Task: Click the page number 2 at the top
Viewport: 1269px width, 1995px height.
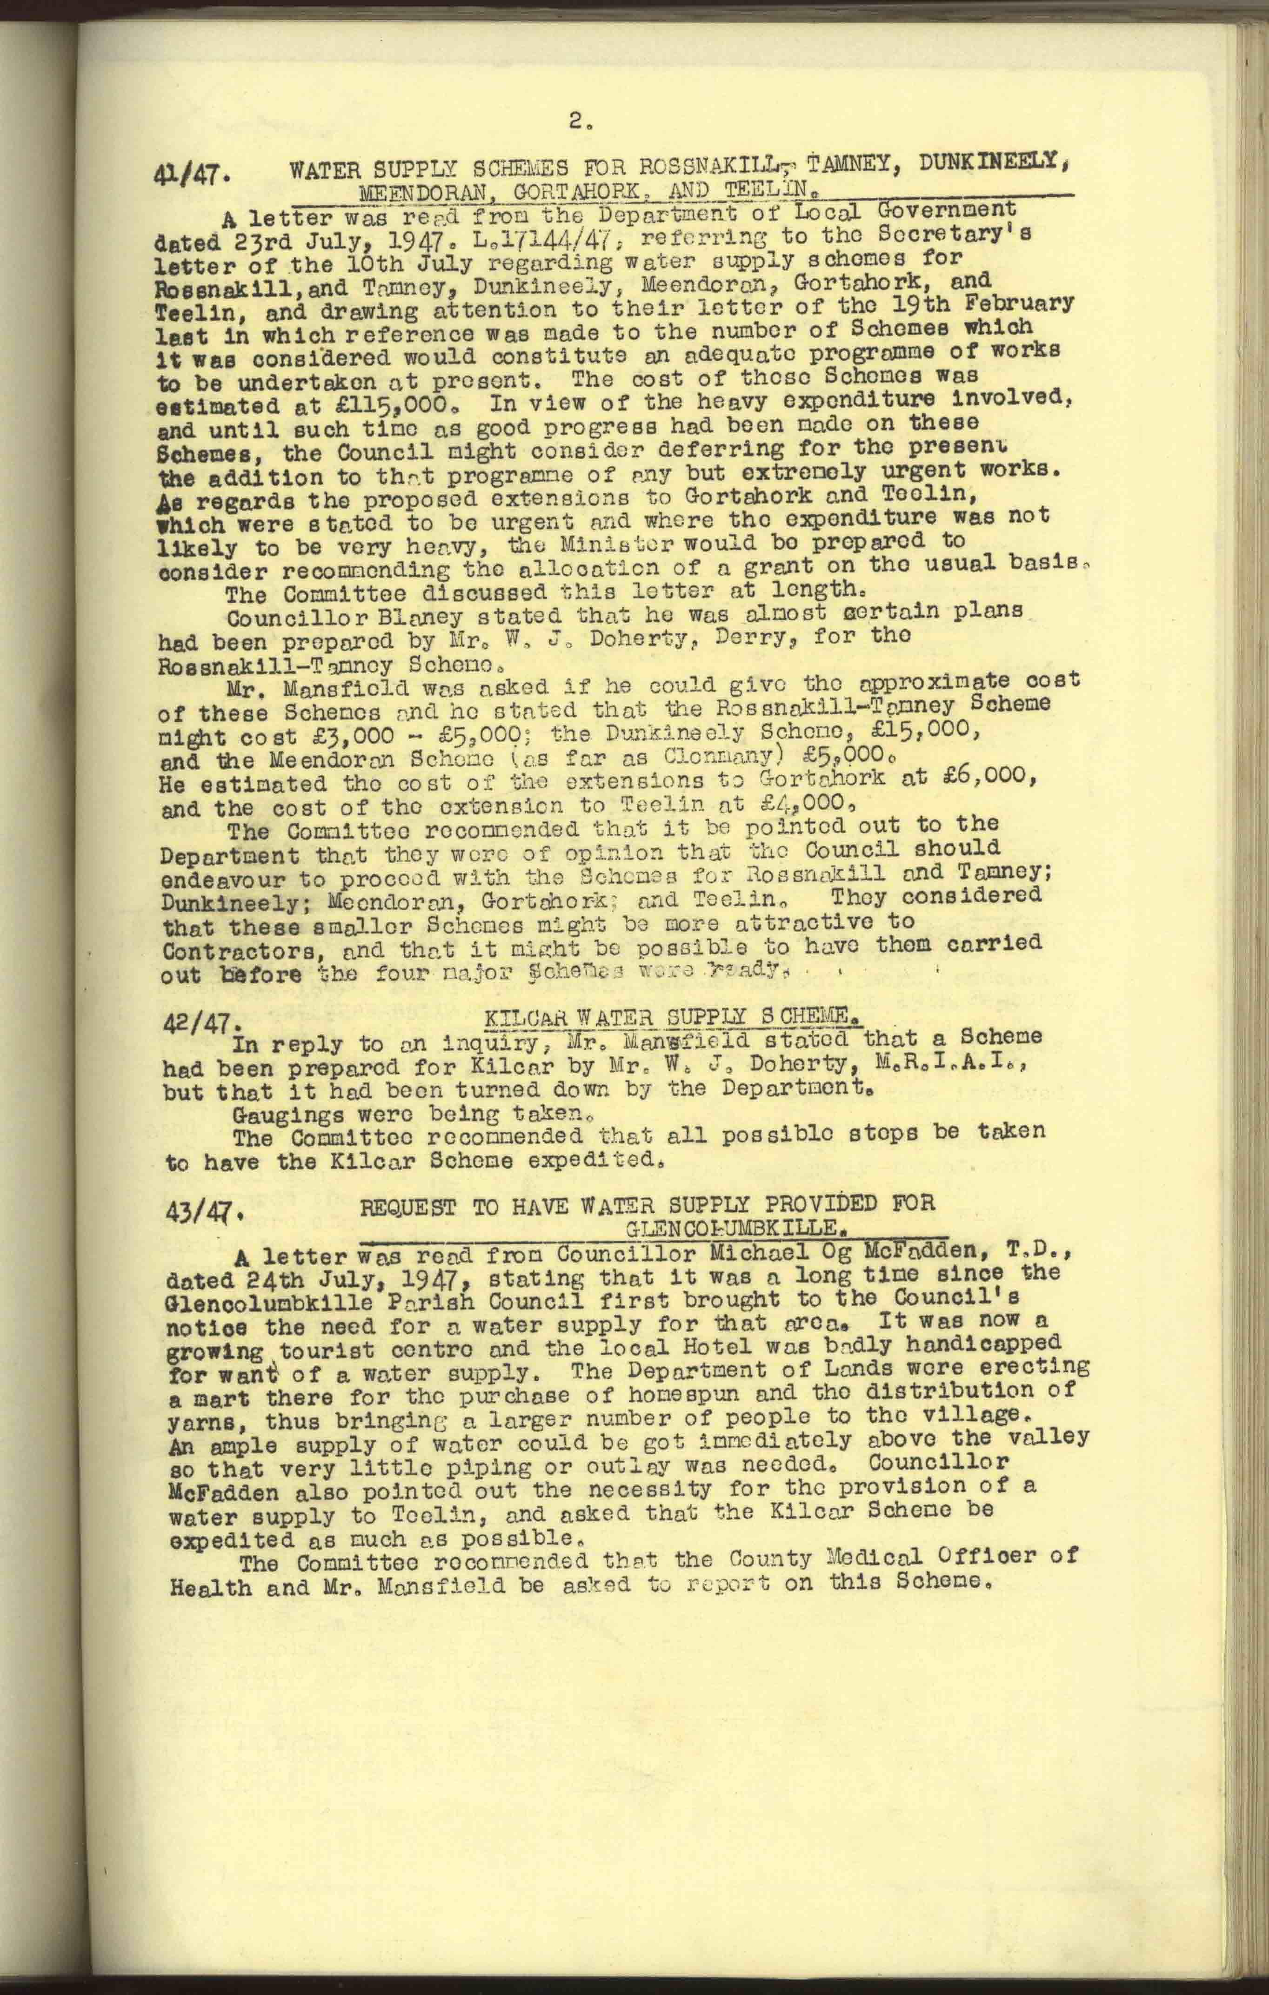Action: pos(577,122)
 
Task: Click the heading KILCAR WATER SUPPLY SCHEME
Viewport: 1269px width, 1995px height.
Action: pos(669,1016)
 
